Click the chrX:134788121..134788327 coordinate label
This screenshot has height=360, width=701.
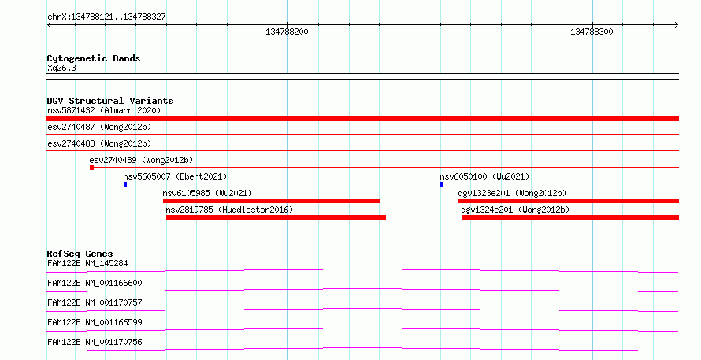pos(106,17)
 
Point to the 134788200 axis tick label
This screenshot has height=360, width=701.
pos(287,32)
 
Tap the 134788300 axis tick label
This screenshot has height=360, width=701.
pos(592,32)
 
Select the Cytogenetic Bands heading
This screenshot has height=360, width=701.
pos(94,58)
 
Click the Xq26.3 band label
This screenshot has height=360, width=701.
pos(61,68)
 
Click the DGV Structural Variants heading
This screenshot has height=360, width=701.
pos(110,101)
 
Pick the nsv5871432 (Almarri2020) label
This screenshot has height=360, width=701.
pos(104,110)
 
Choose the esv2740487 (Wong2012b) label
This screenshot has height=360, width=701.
pos(99,127)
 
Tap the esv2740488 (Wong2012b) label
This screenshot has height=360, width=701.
pos(99,143)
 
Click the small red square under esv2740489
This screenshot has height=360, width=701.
pos(91,168)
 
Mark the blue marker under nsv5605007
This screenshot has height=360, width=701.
pos(125,184)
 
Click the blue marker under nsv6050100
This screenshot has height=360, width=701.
pos(442,184)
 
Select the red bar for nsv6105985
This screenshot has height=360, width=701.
pos(271,201)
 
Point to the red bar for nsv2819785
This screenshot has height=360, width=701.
pos(276,217)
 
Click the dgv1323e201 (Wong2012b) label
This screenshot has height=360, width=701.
pos(512,193)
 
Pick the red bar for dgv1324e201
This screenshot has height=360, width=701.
pos(570,217)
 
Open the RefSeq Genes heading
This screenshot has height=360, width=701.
pos(80,254)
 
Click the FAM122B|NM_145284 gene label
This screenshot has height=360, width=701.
pos(87,263)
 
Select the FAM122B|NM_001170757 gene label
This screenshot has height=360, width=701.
pos(95,302)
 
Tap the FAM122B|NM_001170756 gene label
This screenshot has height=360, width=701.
pos(95,342)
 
